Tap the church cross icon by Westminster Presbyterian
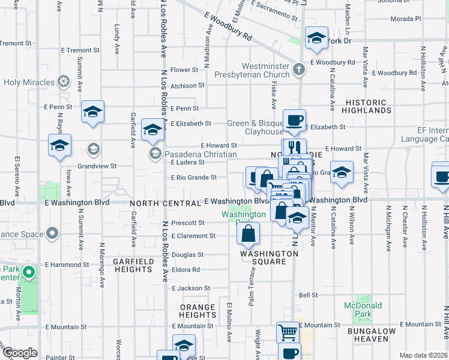click(298, 70)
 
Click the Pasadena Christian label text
click(200, 154)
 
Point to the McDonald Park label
click(363, 310)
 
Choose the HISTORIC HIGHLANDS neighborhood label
click(368, 107)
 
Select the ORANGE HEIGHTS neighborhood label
click(197, 311)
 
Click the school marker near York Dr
click(316, 39)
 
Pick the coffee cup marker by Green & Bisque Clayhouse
click(294, 121)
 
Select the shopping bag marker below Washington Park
click(249, 233)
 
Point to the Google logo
click(20, 353)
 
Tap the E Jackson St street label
click(190, 289)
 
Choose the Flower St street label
click(184, 70)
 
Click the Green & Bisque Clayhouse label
click(255, 128)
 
